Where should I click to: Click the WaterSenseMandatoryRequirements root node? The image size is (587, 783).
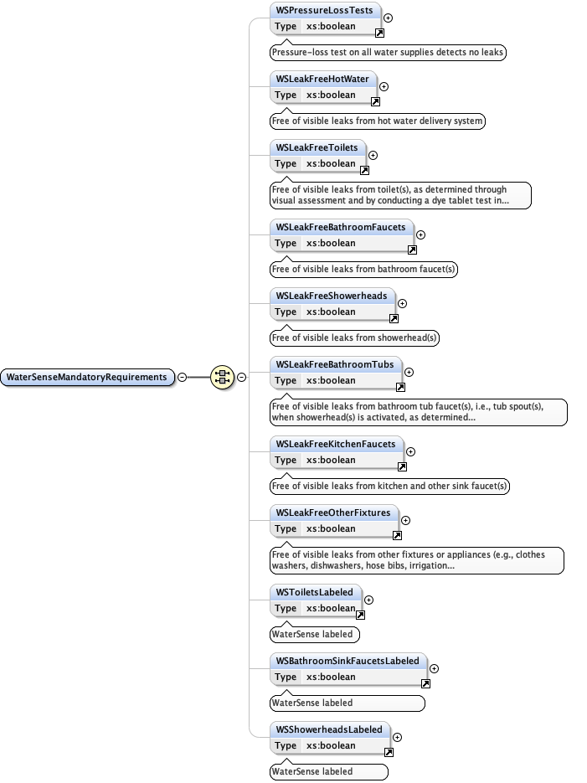tap(87, 377)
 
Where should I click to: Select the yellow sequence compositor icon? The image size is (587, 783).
tap(222, 377)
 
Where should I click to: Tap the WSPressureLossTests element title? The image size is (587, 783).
tap(326, 11)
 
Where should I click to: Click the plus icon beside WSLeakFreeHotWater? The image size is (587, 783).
tap(384, 85)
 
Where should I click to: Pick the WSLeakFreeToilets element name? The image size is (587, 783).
tap(317, 147)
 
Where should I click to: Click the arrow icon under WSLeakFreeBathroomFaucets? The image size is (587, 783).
tap(412, 250)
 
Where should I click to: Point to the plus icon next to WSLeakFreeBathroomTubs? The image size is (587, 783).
tap(409, 372)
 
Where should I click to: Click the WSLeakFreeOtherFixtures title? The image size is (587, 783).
tap(333, 513)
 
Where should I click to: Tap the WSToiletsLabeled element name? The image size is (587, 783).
tap(315, 592)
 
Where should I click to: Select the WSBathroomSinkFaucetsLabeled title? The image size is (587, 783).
tap(348, 661)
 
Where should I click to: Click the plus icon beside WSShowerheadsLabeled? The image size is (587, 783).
tap(397, 738)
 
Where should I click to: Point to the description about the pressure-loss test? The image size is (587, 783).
tap(389, 52)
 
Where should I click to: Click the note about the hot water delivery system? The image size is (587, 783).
tap(378, 121)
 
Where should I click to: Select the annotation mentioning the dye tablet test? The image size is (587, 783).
tap(400, 195)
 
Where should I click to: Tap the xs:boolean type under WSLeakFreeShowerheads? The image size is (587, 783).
tap(331, 312)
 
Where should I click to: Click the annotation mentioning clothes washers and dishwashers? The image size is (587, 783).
tap(416, 560)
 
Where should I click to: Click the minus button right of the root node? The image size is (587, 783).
tap(182, 377)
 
